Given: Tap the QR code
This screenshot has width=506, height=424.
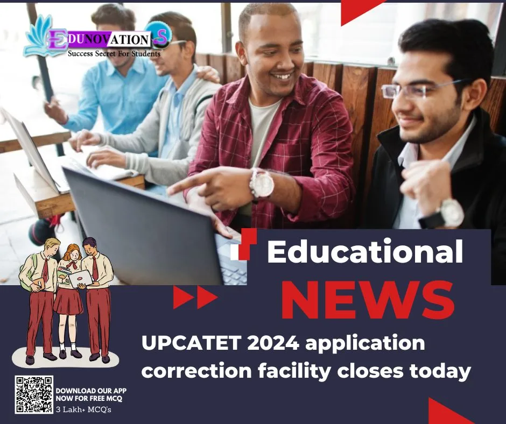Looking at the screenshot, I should click(34, 395).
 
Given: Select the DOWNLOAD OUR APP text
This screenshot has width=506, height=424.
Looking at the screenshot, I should click(91, 391).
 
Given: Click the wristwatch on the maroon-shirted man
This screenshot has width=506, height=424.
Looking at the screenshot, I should click(262, 184).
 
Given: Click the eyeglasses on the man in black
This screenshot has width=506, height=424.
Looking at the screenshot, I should click(417, 89).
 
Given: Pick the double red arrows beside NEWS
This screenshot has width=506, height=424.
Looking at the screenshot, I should click(195, 298).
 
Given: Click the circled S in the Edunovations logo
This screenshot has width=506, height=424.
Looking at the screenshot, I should click(159, 34).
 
